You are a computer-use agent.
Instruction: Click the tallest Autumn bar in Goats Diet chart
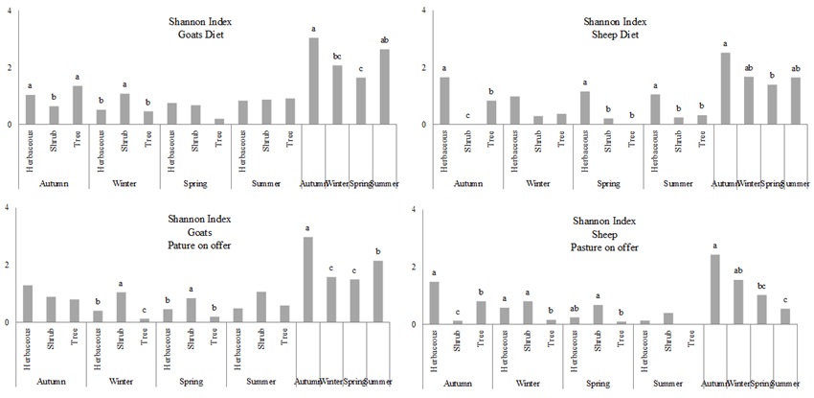[313, 82]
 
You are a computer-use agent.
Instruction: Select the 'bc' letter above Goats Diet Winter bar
[336, 56]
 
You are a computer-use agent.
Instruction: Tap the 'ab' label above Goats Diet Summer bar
[385, 39]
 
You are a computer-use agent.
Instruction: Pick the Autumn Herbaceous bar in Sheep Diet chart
[444, 101]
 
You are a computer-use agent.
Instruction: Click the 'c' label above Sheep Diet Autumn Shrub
[467, 116]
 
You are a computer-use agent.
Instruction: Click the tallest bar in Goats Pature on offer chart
[308, 279]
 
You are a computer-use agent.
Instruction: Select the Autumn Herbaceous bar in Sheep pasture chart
[434, 303]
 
